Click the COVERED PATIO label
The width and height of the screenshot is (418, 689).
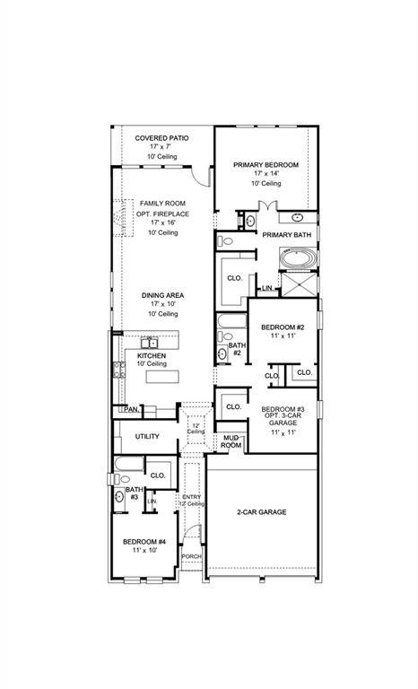(161, 138)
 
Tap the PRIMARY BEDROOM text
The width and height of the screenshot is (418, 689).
(266, 165)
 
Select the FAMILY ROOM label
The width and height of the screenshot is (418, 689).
(162, 204)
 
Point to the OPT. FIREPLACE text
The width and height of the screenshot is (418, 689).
(162, 214)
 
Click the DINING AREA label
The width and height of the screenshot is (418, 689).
(162, 295)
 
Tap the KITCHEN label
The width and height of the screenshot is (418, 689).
(151, 355)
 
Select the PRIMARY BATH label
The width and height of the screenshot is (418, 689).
(286, 235)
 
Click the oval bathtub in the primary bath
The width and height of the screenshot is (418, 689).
(297, 259)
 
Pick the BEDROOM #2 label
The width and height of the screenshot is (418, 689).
(283, 328)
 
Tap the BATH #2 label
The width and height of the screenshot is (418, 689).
(236, 349)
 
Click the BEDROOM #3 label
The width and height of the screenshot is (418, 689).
(283, 410)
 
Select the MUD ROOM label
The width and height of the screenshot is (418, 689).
(231, 441)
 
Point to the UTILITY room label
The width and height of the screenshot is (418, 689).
(147, 437)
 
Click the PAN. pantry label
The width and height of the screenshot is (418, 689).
(131, 409)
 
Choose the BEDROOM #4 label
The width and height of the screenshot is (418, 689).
(144, 542)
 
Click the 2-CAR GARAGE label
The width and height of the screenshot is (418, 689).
(261, 511)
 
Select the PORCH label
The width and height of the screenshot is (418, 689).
(191, 556)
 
